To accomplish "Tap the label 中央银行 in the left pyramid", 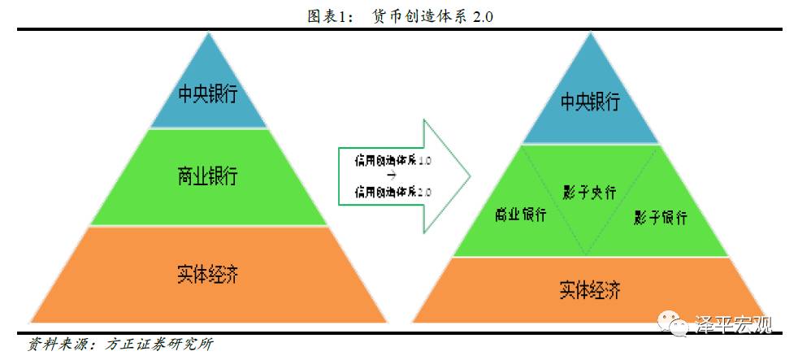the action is [208, 93].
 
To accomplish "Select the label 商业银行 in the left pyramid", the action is [208, 175].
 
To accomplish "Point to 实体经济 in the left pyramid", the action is [208, 273].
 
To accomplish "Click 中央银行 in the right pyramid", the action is [590, 102].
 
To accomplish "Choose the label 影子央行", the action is [589, 193].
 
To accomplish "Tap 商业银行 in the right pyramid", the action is [521, 215].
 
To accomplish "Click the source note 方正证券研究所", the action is [159, 345].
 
